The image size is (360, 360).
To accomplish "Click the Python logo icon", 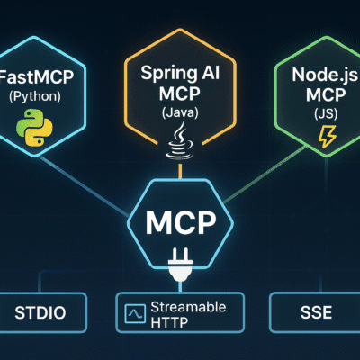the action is tap(34, 128).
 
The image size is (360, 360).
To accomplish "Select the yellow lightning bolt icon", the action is tap(327, 137).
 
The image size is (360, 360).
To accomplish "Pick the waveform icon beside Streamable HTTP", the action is tap(135, 314).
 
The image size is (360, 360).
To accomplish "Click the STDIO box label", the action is tap(40, 312).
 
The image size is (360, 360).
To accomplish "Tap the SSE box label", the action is tap(316, 312).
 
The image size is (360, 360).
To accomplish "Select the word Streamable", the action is tap(188, 307).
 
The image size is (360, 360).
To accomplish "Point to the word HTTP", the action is tap(169, 322).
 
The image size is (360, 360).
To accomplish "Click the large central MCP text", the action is tap(181, 223).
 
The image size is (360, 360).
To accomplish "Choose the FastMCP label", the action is tap(36, 76).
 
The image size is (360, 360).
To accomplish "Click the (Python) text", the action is tap(35, 96).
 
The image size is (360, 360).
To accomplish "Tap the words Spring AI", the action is tap(180, 73).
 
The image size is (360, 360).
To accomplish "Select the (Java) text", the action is tap(180, 112).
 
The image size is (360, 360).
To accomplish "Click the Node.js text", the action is tap(326, 75).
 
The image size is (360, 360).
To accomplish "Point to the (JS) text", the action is tap(326, 114).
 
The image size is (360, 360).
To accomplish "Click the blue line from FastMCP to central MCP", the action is tap(84, 185).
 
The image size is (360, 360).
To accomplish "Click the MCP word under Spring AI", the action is tap(180, 93).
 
